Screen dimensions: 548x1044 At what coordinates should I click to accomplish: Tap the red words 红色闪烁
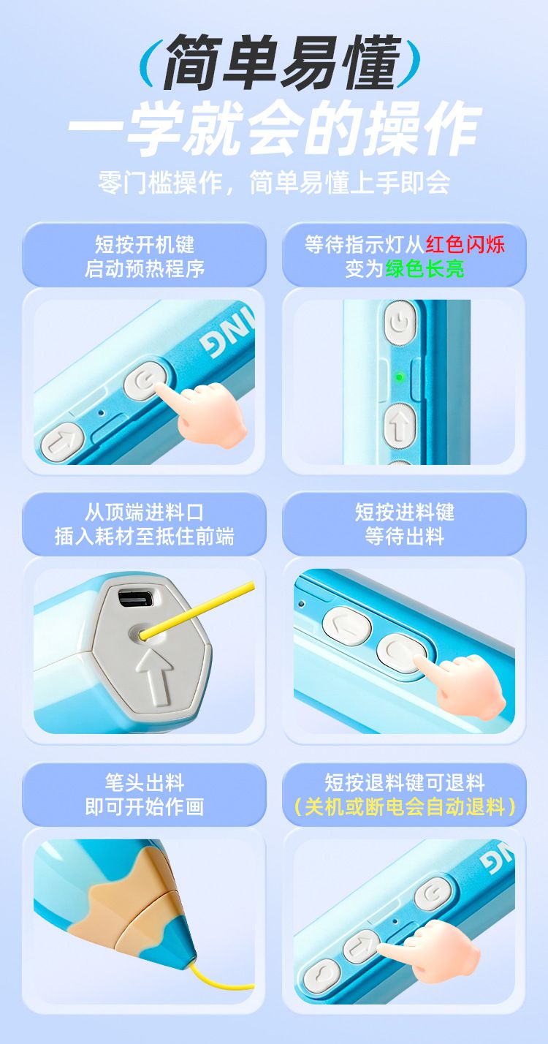[x=465, y=245]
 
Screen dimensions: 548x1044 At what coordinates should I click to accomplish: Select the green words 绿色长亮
[x=425, y=269]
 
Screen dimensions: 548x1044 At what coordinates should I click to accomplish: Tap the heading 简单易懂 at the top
[x=282, y=63]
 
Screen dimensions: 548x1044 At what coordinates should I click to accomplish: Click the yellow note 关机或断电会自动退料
[x=405, y=807]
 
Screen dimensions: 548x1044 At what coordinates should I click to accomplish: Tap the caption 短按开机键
[x=145, y=245]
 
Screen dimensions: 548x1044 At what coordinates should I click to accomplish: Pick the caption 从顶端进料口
[x=145, y=512]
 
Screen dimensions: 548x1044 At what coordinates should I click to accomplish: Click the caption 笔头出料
[x=145, y=782]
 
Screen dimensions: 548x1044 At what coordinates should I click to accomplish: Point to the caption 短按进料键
[x=405, y=512]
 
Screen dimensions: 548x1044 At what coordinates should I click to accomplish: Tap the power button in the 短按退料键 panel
[x=433, y=894]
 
